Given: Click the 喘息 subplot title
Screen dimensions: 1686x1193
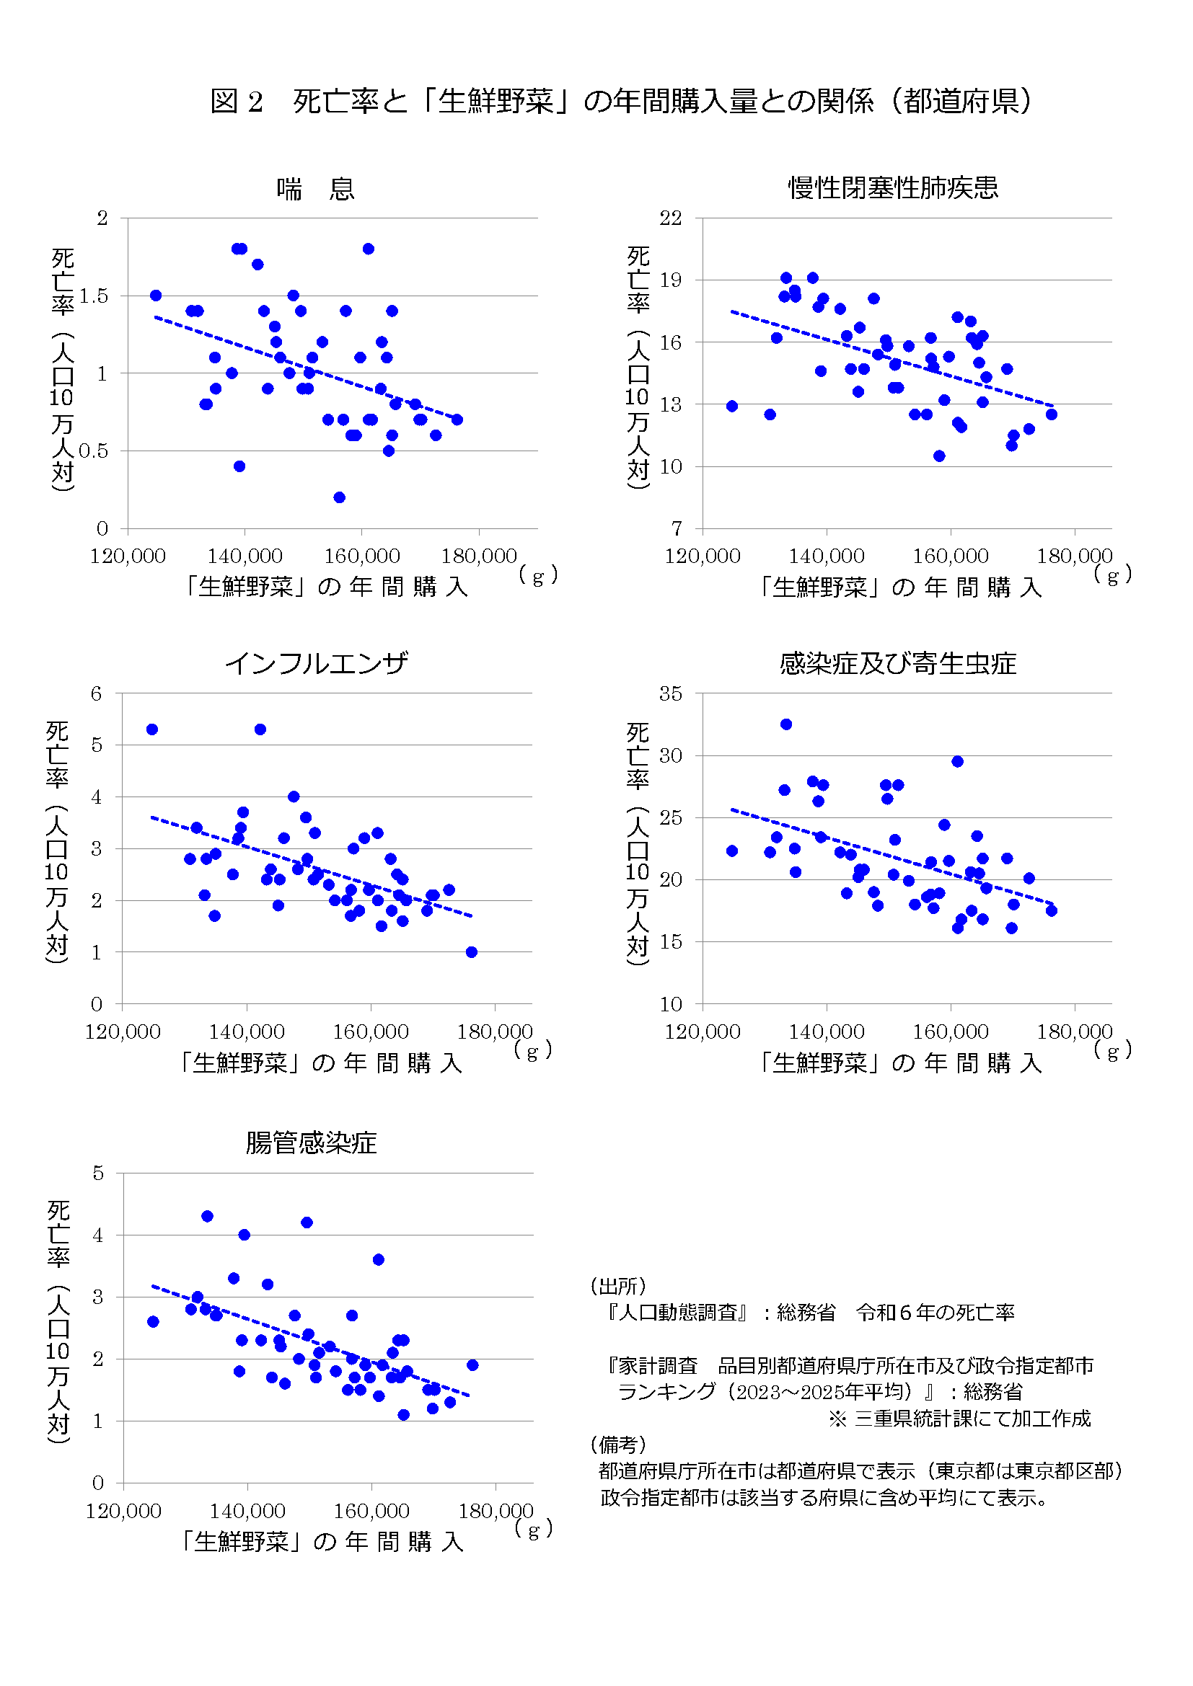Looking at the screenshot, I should (x=316, y=189).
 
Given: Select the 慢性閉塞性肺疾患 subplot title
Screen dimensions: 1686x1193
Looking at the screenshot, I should (x=892, y=188).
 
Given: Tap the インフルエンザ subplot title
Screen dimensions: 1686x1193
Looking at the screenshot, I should (x=316, y=663).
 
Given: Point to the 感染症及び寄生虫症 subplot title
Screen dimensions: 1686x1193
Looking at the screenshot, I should (x=897, y=663).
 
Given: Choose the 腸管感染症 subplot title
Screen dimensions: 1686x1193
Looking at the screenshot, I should (x=311, y=1143).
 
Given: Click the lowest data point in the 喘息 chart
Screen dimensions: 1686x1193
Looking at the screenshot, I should (x=340, y=497).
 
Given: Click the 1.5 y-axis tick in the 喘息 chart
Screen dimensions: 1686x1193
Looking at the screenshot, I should (x=93, y=296).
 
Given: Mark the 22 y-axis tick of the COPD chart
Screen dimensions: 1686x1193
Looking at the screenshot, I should (x=670, y=218).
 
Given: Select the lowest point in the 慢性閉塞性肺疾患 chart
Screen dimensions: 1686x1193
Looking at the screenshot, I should (x=939, y=456).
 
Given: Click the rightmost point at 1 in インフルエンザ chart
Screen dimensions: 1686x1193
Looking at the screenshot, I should (x=472, y=951).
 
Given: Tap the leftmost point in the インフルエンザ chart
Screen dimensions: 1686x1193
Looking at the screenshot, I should (x=152, y=729).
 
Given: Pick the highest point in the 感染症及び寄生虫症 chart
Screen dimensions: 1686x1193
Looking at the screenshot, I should (x=786, y=724).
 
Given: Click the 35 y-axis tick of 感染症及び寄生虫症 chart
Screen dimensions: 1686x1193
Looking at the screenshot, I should (x=670, y=694).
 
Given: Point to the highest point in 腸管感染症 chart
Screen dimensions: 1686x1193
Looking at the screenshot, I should (x=207, y=1216).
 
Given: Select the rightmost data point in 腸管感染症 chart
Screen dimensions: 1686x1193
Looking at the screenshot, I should (x=472, y=1365).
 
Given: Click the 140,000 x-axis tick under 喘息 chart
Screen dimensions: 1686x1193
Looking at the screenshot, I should (x=245, y=556).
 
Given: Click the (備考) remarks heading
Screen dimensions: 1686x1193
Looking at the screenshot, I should (x=618, y=1445).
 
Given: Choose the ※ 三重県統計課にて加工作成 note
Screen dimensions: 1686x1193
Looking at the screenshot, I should (x=959, y=1418).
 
